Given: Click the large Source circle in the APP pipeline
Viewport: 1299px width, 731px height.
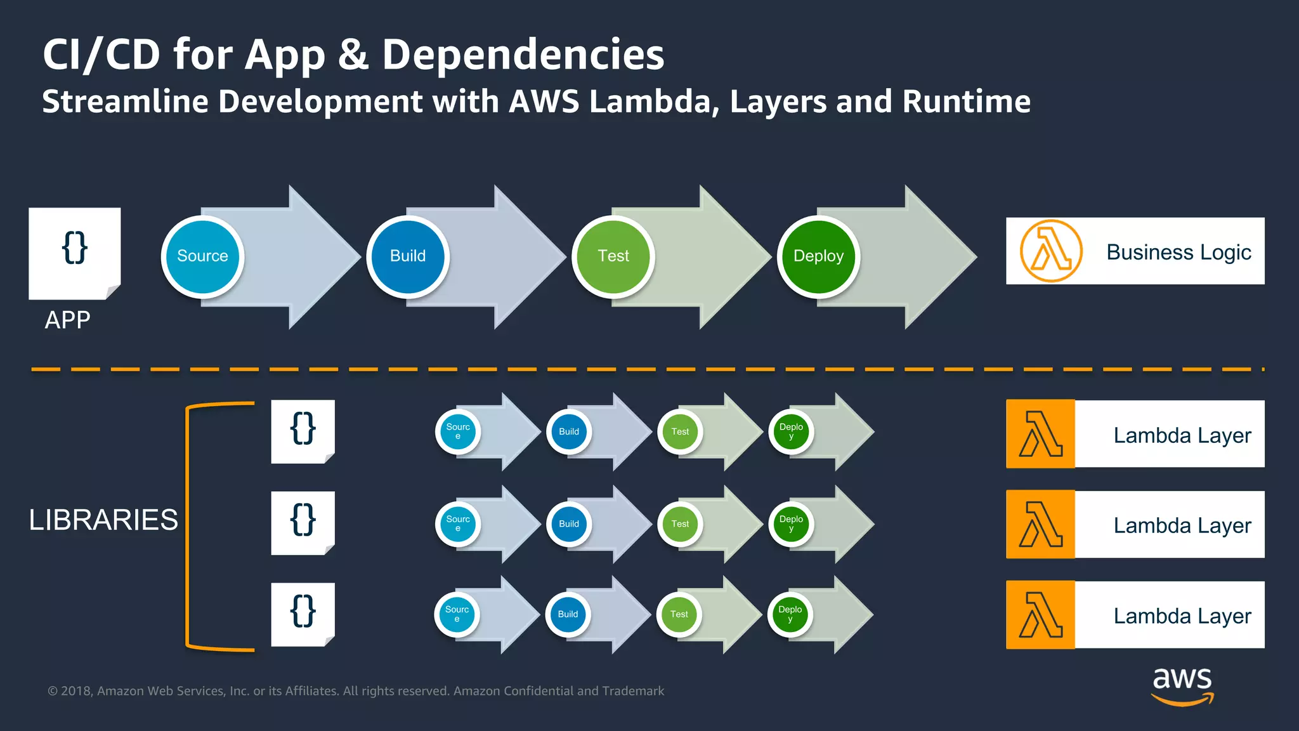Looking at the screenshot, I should (202, 256).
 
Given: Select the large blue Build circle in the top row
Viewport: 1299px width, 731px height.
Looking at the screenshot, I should (408, 256).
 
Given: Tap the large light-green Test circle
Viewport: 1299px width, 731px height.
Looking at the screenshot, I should (613, 256).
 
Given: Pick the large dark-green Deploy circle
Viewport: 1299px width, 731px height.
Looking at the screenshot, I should (818, 256).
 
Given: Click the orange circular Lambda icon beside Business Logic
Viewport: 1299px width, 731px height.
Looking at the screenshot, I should (1050, 251).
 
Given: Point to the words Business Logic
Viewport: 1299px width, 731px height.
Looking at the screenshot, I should (1178, 253).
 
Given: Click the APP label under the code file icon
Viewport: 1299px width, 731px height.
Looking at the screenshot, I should (67, 320).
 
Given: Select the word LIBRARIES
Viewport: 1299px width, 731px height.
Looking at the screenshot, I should (103, 520).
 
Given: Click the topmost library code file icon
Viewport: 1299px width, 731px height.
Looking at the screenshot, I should (303, 431).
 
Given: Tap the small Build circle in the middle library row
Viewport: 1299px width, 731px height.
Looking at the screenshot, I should (569, 524).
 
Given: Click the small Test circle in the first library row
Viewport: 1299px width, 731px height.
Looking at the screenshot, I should (680, 432).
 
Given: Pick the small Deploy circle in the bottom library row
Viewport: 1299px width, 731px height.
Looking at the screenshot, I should (790, 614).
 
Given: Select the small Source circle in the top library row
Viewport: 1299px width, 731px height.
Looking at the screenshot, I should (458, 432).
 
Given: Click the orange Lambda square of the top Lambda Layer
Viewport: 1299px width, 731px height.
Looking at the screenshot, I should (1040, 434).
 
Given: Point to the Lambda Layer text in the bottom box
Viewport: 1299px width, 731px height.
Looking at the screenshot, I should (1182, 616).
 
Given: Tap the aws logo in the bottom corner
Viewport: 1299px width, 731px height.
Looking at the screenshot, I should (1182, 685).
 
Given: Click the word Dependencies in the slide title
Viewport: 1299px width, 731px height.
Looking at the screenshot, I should (523, 55).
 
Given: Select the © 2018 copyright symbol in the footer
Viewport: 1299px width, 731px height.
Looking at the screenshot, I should (53, 691).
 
